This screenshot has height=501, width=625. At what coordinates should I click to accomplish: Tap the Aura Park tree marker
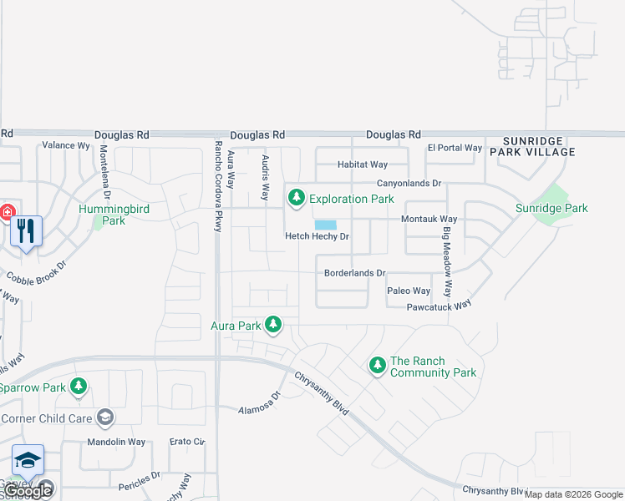click(x=273, y=323)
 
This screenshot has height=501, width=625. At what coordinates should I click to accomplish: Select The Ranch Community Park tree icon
click(x=378, y=365)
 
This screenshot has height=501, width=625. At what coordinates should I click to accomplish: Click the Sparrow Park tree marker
click(x=79, y=386)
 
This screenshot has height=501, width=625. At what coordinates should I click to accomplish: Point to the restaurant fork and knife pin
click(x=26, y=230)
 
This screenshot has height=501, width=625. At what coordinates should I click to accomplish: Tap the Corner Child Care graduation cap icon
click(x=104, y=417)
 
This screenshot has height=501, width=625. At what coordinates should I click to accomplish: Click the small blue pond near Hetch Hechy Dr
click(x=325, y=225)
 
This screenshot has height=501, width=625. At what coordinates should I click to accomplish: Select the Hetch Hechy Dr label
click(x=317, y=237)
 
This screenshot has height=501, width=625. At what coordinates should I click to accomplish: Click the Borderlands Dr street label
click(x=354, y=273)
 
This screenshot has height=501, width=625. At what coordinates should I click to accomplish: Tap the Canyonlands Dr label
click(x=408, y=183)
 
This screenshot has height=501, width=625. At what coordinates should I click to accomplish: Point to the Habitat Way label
click(x=363, y=164)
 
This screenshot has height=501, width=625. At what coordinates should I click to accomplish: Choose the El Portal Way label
click(x=455, y=148)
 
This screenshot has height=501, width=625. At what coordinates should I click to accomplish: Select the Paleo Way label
click(x=409, y=291)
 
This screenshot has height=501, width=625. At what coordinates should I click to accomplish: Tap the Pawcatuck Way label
click(x=439, y=306)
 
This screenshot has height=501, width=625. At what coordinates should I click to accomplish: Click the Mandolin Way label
click(x=117, y=442)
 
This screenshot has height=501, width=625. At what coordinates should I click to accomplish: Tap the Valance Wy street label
click(x=65, y=145)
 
